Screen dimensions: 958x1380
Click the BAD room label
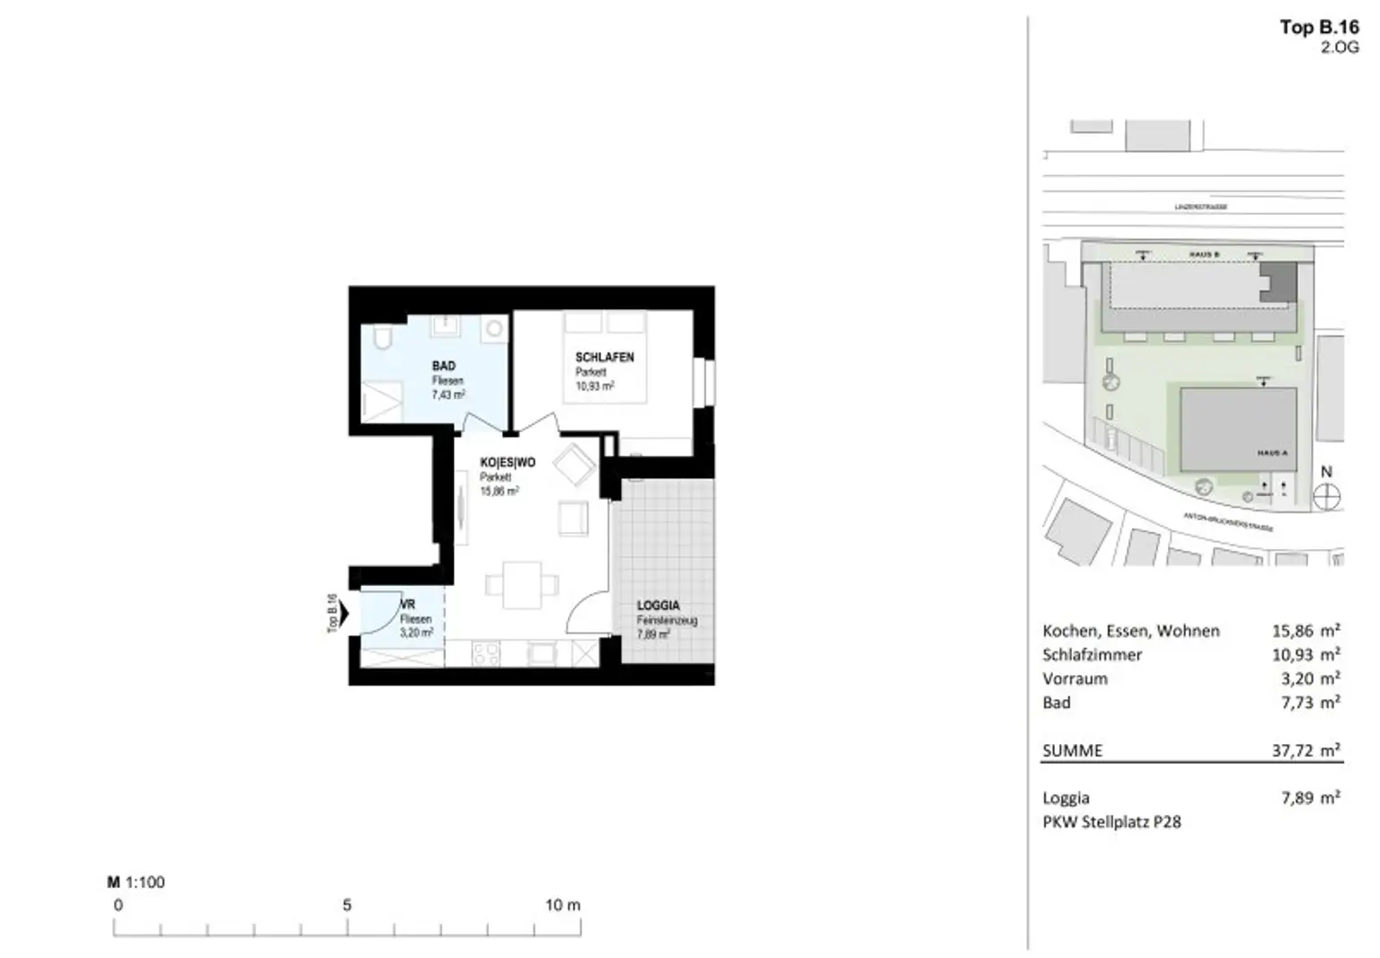pos(444,366)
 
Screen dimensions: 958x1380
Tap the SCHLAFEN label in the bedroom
pos(604,357)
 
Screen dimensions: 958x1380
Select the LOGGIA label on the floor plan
pos(658,605)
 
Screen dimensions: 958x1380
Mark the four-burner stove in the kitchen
pos(486,653)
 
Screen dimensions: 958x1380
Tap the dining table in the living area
pos(522,585)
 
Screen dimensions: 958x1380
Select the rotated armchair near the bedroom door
pos(573,466)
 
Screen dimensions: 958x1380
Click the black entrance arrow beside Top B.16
pos(344,614)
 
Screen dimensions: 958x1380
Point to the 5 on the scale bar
pos(347,905)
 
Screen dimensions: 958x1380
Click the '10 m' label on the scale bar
pos(562,905)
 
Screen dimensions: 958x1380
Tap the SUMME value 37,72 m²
pos(1305,750)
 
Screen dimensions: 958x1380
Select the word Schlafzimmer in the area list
pos(1092,655)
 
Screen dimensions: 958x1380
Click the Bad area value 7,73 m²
pos(1310,703)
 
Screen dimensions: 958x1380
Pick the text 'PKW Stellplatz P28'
pos(1111,821)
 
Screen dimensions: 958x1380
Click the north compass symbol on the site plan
pos(1327,496)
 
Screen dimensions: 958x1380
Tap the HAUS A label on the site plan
pos(1271,453)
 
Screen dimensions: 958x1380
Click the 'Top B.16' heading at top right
pos(1319,27)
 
